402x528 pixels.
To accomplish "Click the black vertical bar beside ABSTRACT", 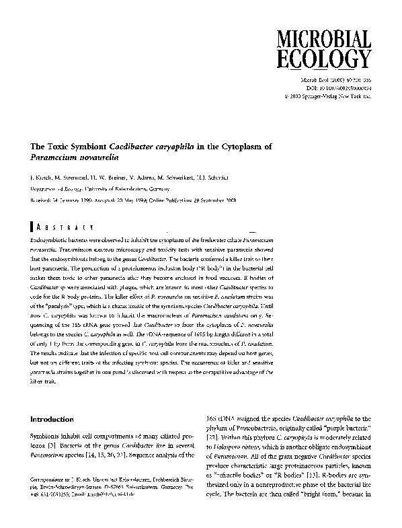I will coord(32,227).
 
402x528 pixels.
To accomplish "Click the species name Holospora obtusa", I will coord(249,456).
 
